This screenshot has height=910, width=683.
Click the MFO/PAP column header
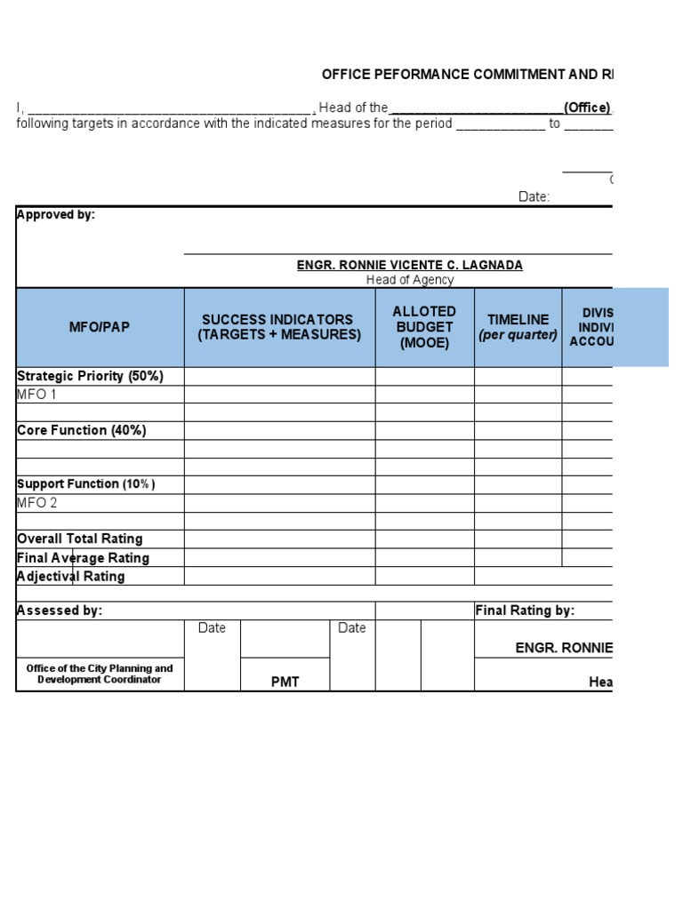(x=100, y=327)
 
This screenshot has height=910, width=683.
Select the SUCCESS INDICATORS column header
(x=279, y=327)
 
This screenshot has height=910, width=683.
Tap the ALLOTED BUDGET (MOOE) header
(x=424, y=327)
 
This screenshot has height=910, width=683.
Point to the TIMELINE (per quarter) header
(x=518, y=327)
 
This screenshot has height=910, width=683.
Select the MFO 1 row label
(x=36, y=395)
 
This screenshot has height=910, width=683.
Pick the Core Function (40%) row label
(x=81, y=430)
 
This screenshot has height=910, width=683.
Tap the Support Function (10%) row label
(x=85, y=484)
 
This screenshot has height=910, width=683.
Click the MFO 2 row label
(x=37, y=503)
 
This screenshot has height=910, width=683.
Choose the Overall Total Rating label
(x=79, y=539)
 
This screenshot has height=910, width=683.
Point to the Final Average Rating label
(x=83, y=558)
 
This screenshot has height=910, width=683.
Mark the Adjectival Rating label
(x=70, y=576)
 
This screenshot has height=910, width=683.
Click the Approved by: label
(x=56, y=215)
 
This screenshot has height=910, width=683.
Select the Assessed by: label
(x=60, y=611)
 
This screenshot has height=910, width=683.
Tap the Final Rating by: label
(x=525, y=611)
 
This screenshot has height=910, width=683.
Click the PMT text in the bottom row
(x=285, y=682)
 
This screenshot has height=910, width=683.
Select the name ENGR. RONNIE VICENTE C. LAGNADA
(x=409, y=265)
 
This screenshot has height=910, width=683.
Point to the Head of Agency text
(x=409, y=280)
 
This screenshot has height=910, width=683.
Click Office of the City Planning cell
(x=100, y=674)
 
